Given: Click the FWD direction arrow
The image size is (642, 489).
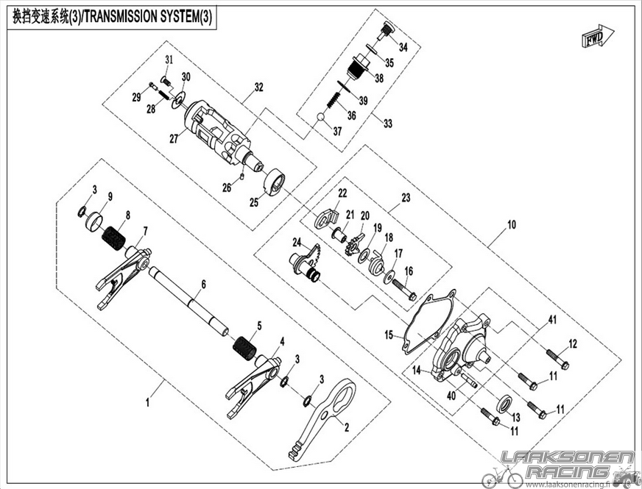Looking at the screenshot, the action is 598,36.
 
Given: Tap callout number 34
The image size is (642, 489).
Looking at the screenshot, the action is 403,47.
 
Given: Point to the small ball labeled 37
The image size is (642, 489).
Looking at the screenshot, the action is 321,118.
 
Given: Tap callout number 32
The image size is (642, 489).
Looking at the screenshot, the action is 258,87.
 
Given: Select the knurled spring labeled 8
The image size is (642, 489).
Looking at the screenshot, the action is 113,238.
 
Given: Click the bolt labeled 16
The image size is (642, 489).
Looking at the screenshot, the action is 404,289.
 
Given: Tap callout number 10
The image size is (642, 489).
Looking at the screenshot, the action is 512,224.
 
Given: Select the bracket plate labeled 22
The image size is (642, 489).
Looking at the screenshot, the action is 327,217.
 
